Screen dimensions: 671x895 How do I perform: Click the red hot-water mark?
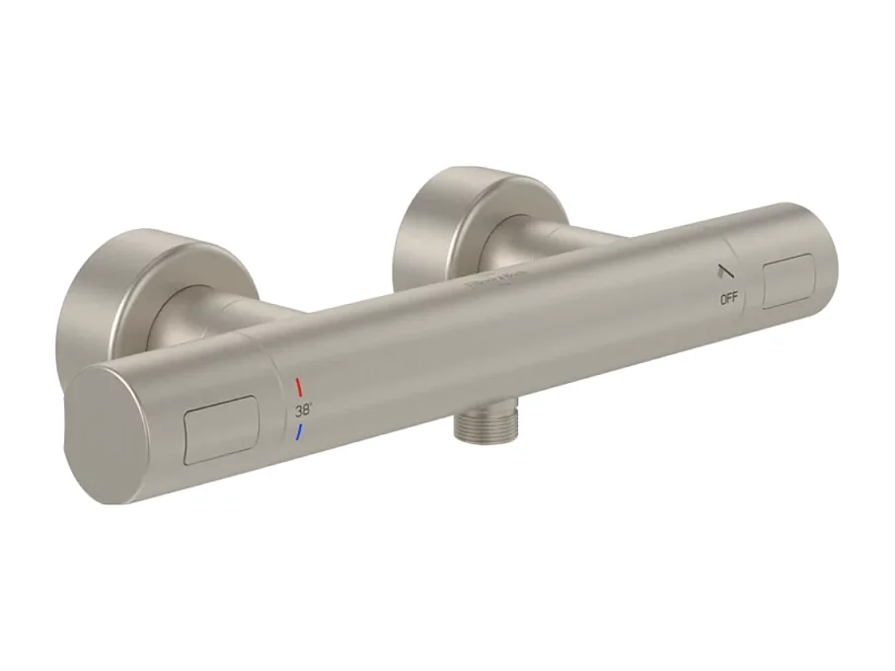[298, 386]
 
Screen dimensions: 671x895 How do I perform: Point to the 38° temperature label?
[302, 409]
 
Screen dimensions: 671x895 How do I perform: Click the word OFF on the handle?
[729, 297]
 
